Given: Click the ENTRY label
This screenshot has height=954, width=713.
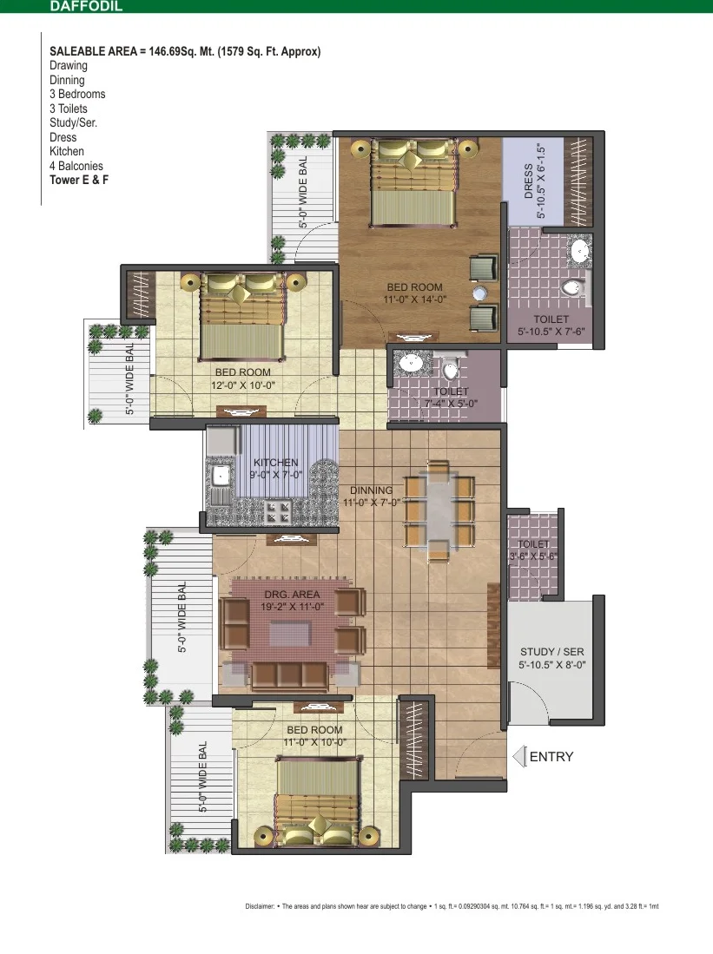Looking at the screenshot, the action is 551,757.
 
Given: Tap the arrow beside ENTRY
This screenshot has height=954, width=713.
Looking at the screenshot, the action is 518,757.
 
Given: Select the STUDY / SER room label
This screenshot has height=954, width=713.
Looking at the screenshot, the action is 551,652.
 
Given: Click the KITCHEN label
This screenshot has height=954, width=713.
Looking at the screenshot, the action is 276,463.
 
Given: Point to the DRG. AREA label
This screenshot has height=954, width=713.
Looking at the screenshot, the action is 292,595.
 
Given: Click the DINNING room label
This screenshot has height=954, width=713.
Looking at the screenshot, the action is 372,490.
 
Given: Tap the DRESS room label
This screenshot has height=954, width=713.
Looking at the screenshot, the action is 529,181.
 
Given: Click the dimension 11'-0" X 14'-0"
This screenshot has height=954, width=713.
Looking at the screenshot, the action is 414,299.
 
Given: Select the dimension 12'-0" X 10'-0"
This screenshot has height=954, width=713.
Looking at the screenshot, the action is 243,385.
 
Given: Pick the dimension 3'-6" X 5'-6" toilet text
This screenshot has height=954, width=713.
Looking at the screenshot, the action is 533,556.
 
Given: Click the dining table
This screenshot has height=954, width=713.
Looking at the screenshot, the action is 439,510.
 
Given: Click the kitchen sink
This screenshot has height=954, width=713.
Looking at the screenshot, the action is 219,475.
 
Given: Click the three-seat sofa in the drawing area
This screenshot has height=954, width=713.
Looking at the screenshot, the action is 290,675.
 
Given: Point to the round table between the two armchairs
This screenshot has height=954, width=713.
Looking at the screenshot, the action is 479,293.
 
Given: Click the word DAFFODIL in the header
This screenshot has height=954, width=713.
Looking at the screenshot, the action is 86,6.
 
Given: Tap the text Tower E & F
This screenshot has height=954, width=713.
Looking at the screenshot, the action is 79,180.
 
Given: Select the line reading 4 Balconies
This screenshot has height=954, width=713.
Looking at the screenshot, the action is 76,166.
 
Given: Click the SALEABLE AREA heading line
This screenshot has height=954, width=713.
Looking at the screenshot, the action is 185,52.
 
